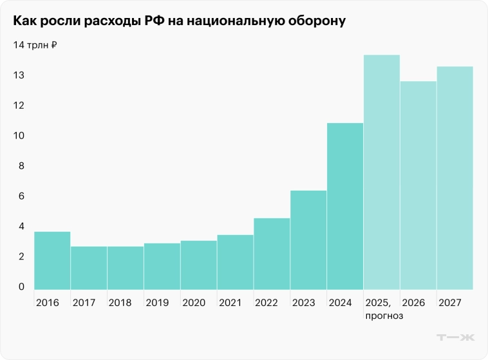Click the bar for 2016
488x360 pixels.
coord(52,260)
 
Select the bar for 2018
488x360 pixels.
coord(126,268)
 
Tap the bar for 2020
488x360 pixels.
coord(198,265)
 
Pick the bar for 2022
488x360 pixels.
coord(272,254)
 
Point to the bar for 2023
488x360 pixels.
coord(308,240)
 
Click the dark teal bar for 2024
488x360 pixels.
coord(345,206)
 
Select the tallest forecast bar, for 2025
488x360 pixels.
coord(382,172)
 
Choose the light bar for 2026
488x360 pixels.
coord(418,185)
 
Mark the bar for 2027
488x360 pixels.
coord(455,178)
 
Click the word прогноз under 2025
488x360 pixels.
coord(384,316)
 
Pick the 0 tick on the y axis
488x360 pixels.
coord(21,287)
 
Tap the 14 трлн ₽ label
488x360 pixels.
coord(35,45)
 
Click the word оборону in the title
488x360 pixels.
coord(317,22)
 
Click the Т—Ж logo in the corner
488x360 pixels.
coord(455,337)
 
